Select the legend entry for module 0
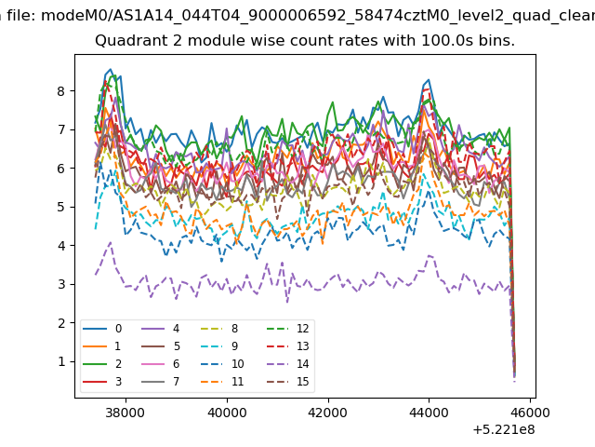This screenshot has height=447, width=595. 102,329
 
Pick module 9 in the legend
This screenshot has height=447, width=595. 219,345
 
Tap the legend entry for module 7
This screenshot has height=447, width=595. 160,381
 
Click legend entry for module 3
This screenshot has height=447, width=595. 102,381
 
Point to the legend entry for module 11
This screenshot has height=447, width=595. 222,381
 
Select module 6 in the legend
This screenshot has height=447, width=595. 160,364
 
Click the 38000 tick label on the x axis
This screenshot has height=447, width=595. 126,413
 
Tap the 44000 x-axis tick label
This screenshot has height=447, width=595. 429,413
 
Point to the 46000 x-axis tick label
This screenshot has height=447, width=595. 530,413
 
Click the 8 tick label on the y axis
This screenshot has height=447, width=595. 60,91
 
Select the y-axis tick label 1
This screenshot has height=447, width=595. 61,361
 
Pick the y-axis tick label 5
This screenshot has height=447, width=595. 60,207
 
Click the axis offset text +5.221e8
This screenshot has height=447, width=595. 504,430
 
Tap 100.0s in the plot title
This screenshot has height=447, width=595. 447,40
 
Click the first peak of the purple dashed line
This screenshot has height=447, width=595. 111,242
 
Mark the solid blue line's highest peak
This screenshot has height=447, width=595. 111,69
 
